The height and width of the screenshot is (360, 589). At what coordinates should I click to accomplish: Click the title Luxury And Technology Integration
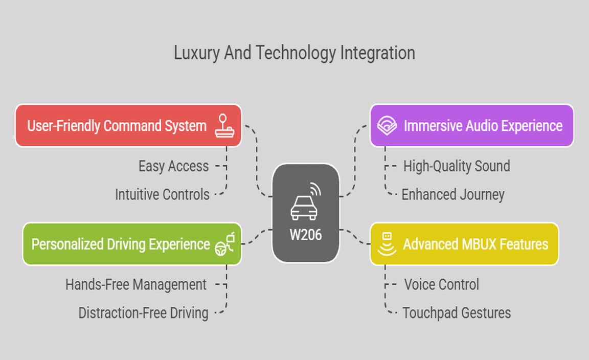pos(294,53)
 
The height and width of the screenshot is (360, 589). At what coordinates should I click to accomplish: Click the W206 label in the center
pos(306,235)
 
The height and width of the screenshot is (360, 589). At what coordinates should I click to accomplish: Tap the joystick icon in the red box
pos(224,126)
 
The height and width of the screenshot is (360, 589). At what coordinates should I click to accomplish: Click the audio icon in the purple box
pos(387,126)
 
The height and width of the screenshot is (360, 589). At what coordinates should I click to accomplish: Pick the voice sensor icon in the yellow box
pos(387,244)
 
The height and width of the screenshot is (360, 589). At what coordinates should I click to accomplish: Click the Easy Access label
pos(173,166)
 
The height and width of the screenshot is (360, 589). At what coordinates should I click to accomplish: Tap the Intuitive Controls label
pos(162,195)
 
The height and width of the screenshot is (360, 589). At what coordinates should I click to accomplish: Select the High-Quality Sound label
pos(457,166)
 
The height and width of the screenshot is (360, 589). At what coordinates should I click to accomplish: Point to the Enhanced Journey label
pos(453,195)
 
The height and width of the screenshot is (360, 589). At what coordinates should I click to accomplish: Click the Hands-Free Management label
pos(136,284)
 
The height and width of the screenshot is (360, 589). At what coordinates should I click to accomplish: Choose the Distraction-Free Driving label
pos(143,313)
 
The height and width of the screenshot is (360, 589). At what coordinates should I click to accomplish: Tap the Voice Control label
pos(441,284)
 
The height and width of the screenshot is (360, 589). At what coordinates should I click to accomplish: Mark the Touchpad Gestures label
pos(456,313)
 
